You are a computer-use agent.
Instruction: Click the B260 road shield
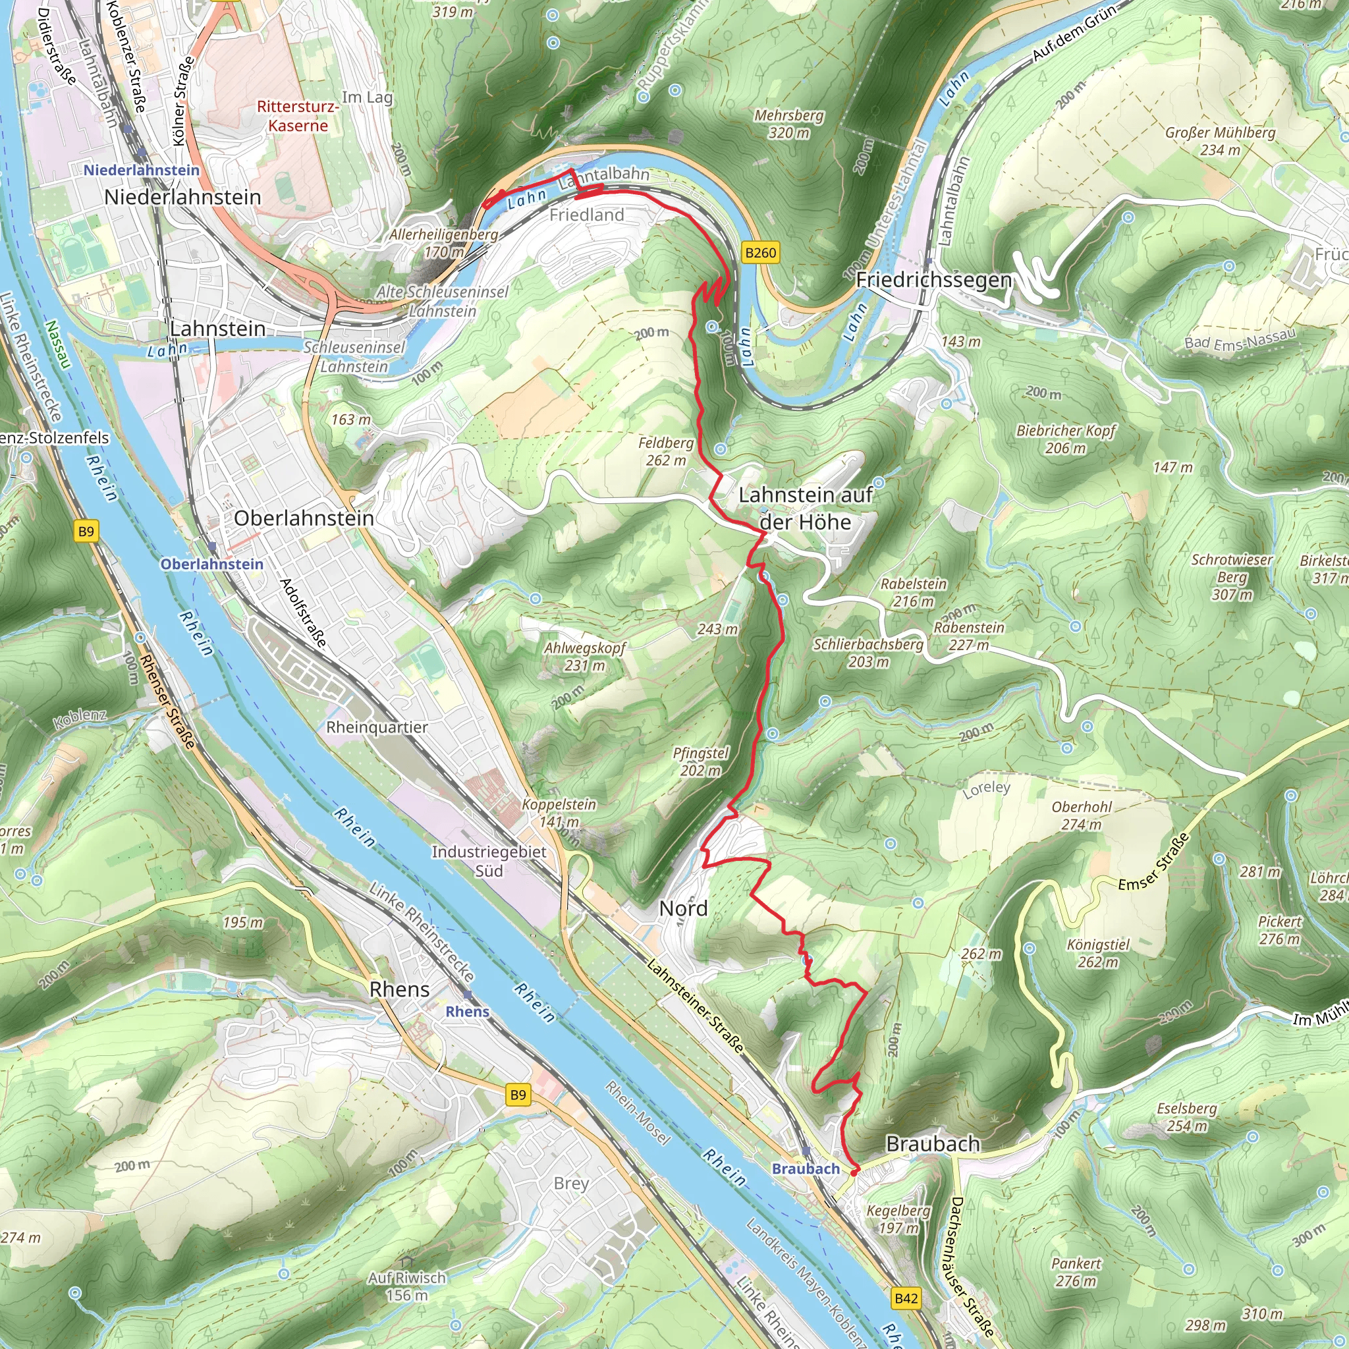[760, 253]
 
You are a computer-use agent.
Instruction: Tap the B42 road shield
[906, 1298]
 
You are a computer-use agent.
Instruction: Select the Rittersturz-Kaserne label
[298, 116]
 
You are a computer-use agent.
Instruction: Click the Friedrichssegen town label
[933, 280]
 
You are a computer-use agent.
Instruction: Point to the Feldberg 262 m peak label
[665, 451]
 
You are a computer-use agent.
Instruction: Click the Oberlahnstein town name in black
[304, 518]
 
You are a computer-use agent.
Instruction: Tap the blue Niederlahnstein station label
[141, 171]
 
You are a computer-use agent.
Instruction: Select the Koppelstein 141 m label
[559, 812]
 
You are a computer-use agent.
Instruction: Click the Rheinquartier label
[377, 727]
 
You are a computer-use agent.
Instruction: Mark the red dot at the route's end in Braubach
[854, 1173]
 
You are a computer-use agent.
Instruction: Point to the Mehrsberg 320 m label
[789, 124]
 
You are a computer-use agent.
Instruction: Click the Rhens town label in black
[399, 989]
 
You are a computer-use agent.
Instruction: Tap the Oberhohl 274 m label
[1082, 815]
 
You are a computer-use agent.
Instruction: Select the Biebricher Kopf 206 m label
[1066, 439]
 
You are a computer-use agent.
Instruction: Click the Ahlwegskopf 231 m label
[584, 656]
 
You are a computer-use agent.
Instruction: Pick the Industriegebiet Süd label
[489, 861]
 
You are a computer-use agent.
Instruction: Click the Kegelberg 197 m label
[898, 1219]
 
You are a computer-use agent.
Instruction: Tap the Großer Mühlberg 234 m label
[1220, 141]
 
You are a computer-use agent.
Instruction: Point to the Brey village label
[571, 1183]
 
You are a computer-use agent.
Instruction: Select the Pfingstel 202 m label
[700, 761]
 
